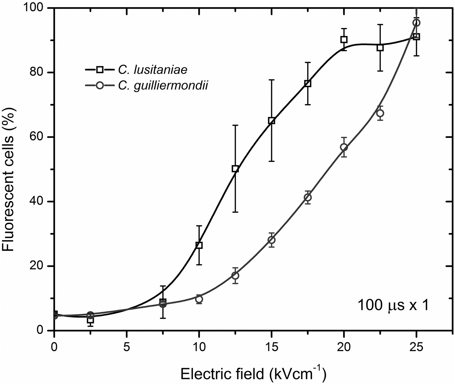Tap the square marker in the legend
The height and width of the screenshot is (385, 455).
(x=100, y=69)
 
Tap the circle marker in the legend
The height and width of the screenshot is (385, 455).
(x=100, y=86)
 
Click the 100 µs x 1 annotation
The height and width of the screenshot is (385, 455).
(x=393, y=305)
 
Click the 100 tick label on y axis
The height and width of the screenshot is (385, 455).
(x=36, y=8)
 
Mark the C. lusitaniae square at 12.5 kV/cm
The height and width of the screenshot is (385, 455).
(x=235, y=169)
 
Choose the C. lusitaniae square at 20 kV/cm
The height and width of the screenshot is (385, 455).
(x=344, y=40)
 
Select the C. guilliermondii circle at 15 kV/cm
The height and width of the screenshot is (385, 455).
(x=271, y=240)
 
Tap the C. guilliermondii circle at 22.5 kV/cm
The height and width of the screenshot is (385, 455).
(x=380, y=113)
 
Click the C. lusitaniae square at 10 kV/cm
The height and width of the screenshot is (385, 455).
(x=199, y=245)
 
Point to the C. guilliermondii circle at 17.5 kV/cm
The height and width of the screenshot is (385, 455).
(x=308, y=197)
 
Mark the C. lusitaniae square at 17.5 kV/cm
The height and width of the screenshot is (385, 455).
(x=308, y=83)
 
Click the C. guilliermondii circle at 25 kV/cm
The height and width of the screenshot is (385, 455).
(x=416, y=23)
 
